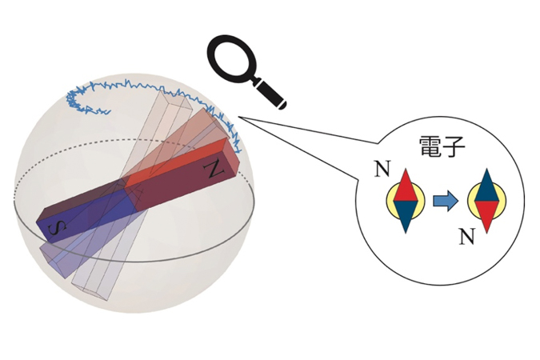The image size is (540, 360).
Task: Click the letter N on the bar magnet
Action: [214, 168]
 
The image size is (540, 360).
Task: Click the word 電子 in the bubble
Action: [442, 146]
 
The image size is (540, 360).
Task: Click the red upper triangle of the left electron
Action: [406, 186]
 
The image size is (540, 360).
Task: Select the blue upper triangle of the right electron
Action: [486, 186]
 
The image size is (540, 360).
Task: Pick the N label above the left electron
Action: [382, 169]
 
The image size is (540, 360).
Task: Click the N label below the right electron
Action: [467, 236]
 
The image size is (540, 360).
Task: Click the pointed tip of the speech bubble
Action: [238, 118]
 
